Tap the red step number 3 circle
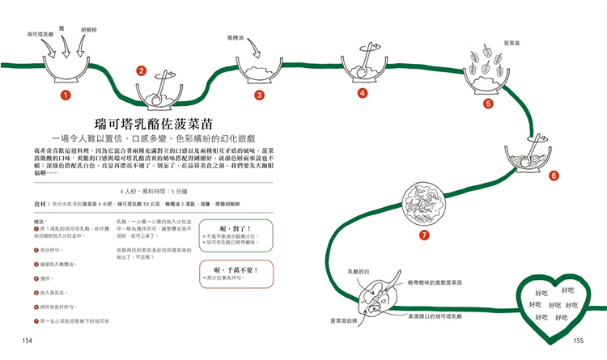pyautogui.click(x=259, y=95)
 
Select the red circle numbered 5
pyautogui.click(x=488, y=104)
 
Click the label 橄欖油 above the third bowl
pyautogui.click(x=236, y=37)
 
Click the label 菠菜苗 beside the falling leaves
pyautogui.click(x=511, y=42)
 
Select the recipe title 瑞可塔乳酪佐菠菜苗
pyautogui.click(x=153, y=124)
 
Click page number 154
pyautogui.click(x=28, y=341)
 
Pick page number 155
pyautogui.click(x=578, y=341)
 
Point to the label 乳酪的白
pyautogui.click(x=357, y=272)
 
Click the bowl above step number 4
pyautogui.click(x=363, y=68)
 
